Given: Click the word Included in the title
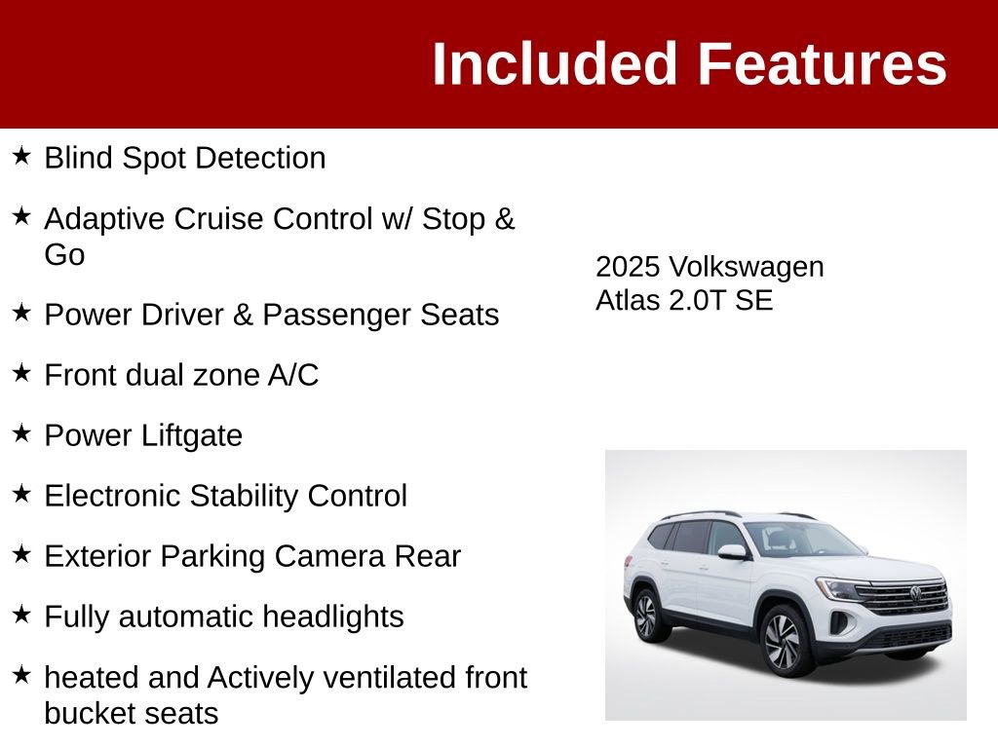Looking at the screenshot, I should click(554, 65).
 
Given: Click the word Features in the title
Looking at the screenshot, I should click(822, 65).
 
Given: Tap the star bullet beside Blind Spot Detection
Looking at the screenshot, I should click(22, 156).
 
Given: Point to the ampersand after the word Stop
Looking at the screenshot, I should click(505, 218).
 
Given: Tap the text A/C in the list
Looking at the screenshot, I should click(293, 375).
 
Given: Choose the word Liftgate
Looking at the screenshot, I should click(191, 435).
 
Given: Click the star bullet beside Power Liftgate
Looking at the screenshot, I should click(22, 433).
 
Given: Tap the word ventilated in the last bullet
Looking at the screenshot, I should click(390, 677).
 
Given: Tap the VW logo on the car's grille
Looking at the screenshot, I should click(916, 592).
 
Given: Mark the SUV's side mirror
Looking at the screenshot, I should click(731, 552).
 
